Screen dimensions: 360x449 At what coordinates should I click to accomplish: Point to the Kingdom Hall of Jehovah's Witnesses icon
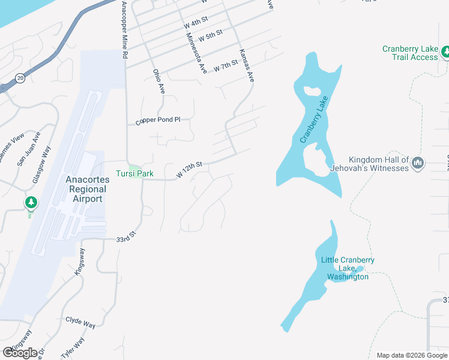[x=418, y=162]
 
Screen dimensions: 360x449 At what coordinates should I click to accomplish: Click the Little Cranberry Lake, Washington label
[x=348, y=268]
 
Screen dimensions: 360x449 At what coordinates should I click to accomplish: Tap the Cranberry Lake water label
[x=315, y=119]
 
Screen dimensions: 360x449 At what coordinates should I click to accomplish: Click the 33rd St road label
[x=124, y=239]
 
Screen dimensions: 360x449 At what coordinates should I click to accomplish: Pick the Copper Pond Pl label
[x=158, y=120]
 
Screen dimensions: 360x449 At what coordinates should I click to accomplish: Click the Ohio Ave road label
[x=158, y=82]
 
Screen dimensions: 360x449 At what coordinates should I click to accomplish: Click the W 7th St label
[x=226, y=64]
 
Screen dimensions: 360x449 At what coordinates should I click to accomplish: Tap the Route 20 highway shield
[x=20, y=77]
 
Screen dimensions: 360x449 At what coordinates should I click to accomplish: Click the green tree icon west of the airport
[x=31, y=203]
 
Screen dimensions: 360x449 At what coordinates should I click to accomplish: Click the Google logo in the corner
[x=20, y=352]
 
